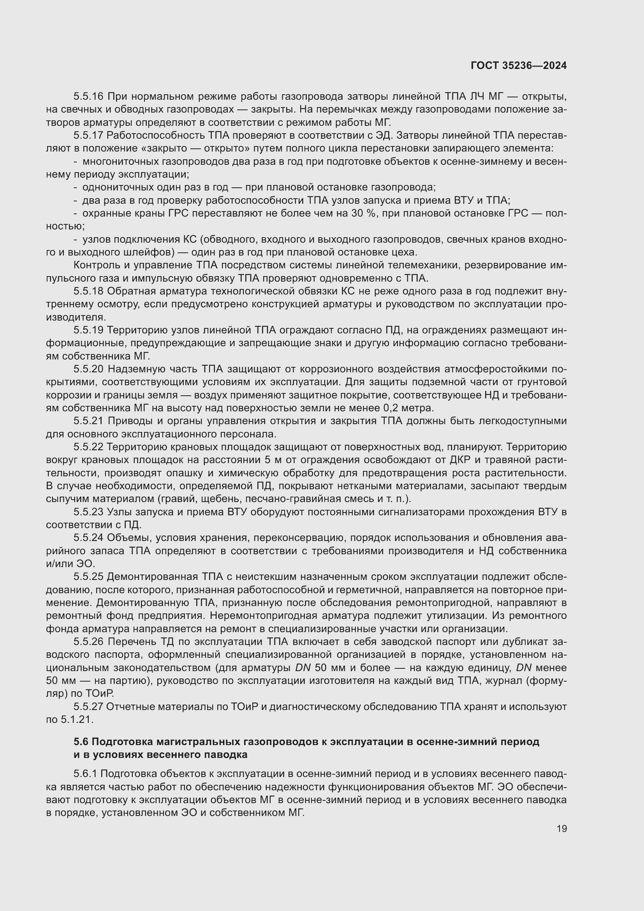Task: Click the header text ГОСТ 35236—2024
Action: coord(518,66)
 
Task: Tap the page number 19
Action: coord(561,828)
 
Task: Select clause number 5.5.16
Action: coord(88,97)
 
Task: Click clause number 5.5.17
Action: coord(88,136)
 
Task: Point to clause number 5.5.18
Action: coord(88,291)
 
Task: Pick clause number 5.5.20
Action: coord(88,369)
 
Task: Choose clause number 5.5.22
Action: coord(88,447)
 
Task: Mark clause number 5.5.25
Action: coord(88,577)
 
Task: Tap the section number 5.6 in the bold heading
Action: coord(81,742)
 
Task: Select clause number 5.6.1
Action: coord(85,774)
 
